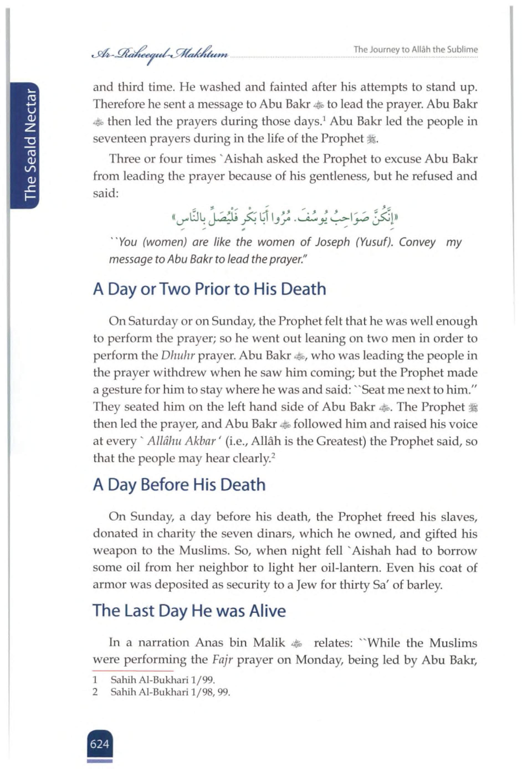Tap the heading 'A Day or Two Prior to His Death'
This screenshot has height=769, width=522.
point(209,289)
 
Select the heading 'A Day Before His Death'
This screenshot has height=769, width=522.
point(179,485)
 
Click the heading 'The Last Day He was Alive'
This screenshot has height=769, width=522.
point(189,611)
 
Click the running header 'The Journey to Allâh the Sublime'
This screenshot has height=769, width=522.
point(415,50)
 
